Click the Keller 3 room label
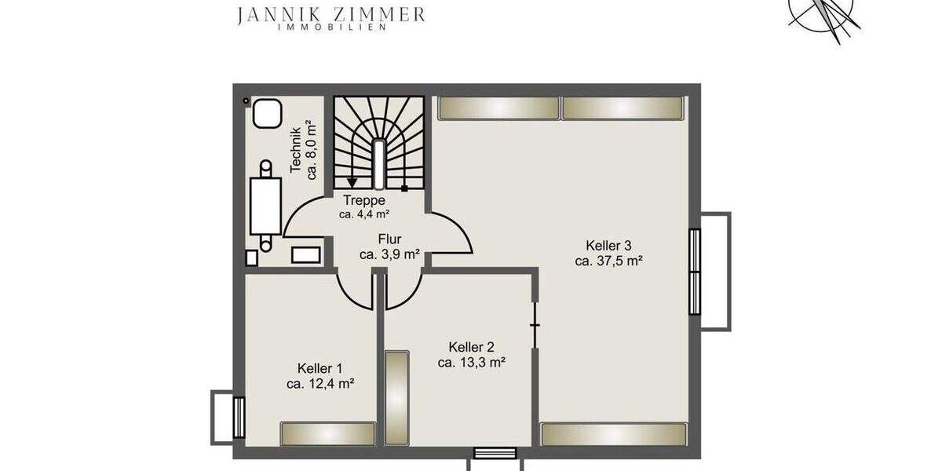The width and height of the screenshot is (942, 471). pyautogui.click(x=609, y=245)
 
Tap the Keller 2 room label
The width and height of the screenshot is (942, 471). pyautogui.click(x=471, y=346)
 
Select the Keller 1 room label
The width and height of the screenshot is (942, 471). pyautogui.click(x=319, y=367)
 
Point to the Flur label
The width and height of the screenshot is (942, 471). pyautogui.click(x=389, y=239)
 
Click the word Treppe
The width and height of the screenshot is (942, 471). pyautogui.click(x=364, y=200)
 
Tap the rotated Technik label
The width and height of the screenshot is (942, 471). pyautogui.click(x=296, y=150)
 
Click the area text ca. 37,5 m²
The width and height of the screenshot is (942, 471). pyautogui.click(x=609, y=261)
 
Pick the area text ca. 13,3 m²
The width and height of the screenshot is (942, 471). pyautogui.click(x=471, y=362)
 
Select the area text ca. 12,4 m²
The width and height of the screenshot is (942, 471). pyautogui.click(x=319, y=383)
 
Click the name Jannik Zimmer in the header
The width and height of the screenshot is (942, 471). pyautogui.click(x=331, y=13)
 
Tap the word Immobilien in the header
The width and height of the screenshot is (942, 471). pyautogui.click(x=331, y=27)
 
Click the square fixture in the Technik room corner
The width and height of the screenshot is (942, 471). pyautogui.click(x=268, y=113)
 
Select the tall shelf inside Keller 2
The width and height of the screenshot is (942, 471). pyautogui.click(x=397, y=399)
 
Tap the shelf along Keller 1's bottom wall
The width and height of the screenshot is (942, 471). pyautogui.click(x=328, y=433)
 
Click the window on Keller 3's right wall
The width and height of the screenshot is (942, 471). pyautogui.click(x=695, y=271)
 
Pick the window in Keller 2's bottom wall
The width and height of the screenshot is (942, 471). pyautogui.click(x=495, y=452)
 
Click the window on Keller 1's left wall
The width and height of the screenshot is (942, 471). pyautogui.click(x=239, y=417)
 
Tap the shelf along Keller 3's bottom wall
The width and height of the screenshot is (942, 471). pyautogui.click(x=614, y=433)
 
